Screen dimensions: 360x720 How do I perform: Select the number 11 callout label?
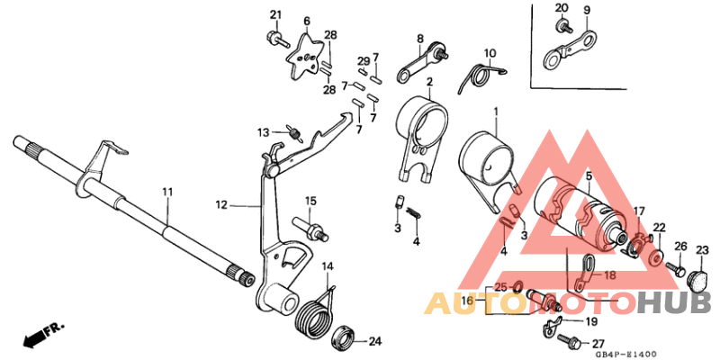click(x=166, y=192)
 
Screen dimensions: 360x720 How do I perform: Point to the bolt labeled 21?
click(x=272, y=38)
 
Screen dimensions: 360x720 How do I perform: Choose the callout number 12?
click(x=221, y=205)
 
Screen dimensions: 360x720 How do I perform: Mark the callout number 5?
click(x=589, y=177)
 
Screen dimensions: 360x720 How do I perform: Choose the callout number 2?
click(x=429, y=82)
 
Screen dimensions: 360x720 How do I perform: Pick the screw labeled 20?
click(x=563, y=26)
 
